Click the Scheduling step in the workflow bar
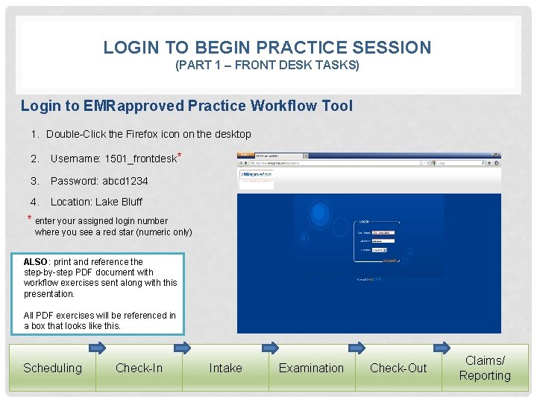(52, 368)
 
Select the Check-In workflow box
(139, 368)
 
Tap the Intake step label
(225, 368)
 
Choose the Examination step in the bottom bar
(311, 368)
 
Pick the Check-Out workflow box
(398, 368)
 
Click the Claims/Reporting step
(485, 368)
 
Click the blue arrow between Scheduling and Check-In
(98, 347)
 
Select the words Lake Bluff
(119, 202)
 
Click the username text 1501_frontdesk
(142, 159)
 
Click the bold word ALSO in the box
(35, 262)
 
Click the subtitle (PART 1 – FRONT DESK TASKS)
(267, 66)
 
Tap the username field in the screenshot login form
(383, 232)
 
